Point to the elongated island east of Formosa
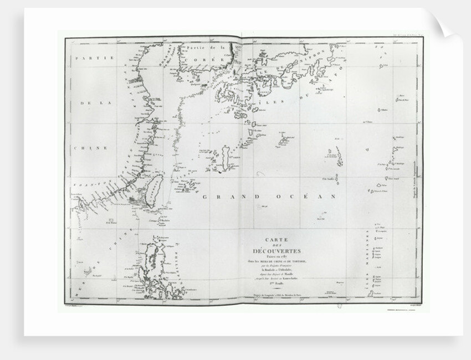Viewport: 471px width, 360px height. (225, 157)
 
